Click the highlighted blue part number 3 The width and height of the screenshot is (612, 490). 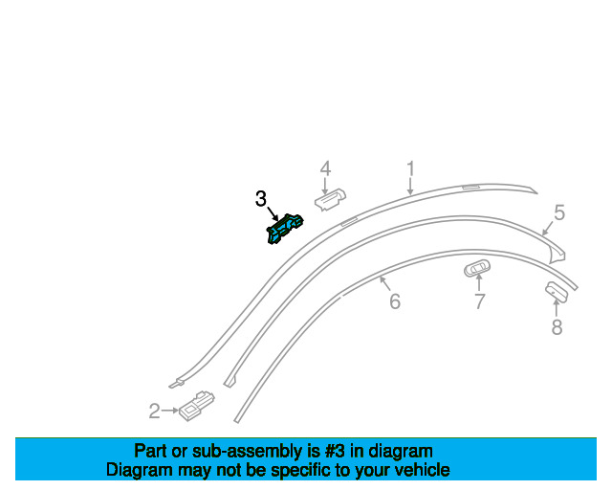coord(283,230)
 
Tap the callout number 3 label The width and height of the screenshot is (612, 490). coord(261,199)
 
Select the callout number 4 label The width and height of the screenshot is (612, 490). coord(325,168)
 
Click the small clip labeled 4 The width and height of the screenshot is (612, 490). coord(331,198)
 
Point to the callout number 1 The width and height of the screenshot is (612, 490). coord(410,169)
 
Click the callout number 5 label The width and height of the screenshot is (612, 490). coord(559,212)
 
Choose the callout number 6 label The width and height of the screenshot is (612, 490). coord(394,302)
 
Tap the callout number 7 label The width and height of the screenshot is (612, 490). coord(479,302)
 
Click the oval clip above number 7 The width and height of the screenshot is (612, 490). coord(476,270)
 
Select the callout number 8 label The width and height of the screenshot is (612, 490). coord(557,327)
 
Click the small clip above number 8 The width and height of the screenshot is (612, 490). coord(556,292)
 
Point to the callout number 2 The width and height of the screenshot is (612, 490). coord(154,412)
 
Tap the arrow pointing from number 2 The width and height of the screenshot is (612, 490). coord(170,412)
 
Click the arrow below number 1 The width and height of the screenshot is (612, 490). coord(410,188)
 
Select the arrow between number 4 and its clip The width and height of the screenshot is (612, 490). coord(325,184)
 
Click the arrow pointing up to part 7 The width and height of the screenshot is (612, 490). coord(479,284)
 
